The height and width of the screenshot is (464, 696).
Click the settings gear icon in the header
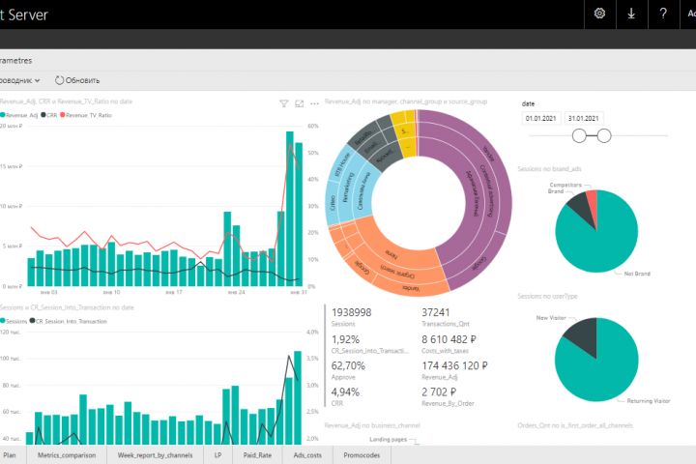(600, 14)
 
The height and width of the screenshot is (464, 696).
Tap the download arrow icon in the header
(631, 14)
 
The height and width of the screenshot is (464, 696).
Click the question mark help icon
(663, 14)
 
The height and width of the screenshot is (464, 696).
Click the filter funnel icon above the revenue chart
(284, 102)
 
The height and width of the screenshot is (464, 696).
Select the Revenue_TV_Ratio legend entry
(89, 115)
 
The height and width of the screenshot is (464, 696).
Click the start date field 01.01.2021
(540, 118)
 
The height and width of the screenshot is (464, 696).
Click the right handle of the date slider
(605, 135)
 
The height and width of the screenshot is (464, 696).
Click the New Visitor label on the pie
(555, 316)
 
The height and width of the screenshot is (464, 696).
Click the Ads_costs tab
(306, 454)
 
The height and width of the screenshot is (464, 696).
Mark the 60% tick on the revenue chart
(313, 126)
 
